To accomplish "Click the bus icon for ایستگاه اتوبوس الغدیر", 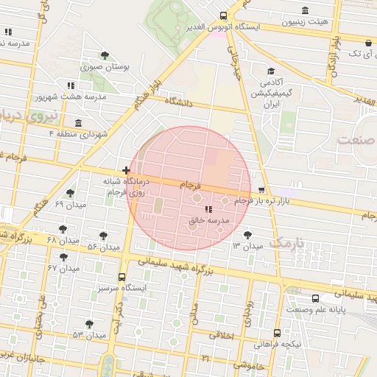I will pos(223,15).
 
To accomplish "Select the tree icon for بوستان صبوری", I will pos(105,55).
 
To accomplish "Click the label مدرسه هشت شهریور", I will pos(71,96).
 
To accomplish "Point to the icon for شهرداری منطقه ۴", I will pos(79,123).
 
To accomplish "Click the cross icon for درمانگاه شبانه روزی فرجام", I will pos(126,171).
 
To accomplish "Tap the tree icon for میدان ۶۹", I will pos(70,193).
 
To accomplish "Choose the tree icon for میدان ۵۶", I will pos(103,236).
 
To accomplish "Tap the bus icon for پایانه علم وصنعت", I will pos(315,298).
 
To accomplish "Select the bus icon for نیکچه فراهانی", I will pos(277,333).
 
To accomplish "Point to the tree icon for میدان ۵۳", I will pos(89,324).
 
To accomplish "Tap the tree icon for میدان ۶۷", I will pos(64,258).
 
